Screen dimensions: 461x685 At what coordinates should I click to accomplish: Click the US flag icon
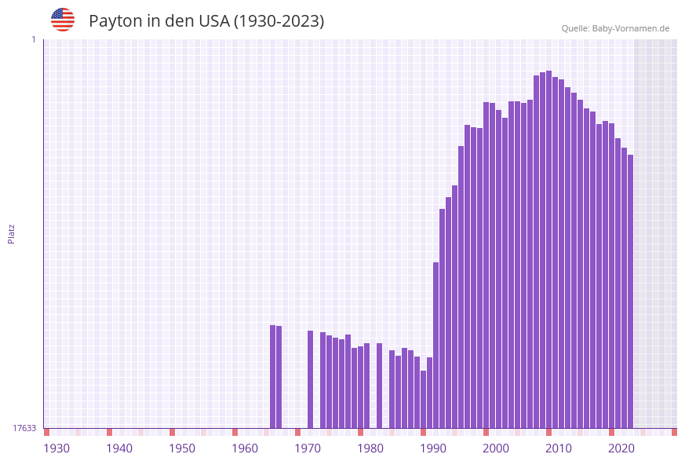[x=63, y=20]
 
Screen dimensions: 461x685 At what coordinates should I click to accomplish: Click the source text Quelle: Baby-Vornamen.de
[x=615, y=28]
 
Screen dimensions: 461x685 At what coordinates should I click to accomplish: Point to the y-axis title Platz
[x=12, y=233]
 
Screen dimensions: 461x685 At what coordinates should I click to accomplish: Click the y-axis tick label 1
[x=33, y=39]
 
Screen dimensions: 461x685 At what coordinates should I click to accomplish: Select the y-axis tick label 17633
[x=24, y=428]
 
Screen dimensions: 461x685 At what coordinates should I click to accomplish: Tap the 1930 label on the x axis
[x=56, y=448]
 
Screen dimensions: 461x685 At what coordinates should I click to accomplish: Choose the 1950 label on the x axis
[x=182, y=448]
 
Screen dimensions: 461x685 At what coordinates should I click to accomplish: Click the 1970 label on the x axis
[x=308, y=448]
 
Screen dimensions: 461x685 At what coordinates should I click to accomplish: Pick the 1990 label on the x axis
[x=433, y=448]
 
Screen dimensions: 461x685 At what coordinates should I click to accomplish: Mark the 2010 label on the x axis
[x=559, y=448]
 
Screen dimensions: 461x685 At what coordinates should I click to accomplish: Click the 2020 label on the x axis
[x=621, y=448]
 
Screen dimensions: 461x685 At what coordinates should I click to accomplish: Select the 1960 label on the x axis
[x=245, y=448]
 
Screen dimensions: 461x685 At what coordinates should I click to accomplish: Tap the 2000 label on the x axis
[x=496, y=448]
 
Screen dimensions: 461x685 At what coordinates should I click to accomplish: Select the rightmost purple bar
[x=630, y=291]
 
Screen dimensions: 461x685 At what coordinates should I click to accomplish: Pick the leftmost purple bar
[x=272, y=377]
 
